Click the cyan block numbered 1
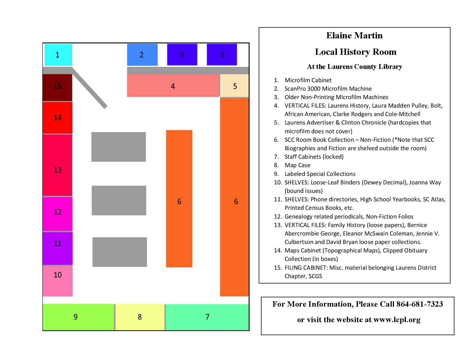(58, 55)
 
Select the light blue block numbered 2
(142, 55)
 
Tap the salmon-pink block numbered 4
(173, 86)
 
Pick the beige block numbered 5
(234, 86)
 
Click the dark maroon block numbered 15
(57, 87)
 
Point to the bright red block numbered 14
(57, 118)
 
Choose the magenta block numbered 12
(57, 214)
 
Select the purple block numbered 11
(57, 248)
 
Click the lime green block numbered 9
(78, 317)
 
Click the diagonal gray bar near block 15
(90, 88)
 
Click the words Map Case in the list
(297, 165)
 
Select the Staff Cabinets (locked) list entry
(314, 157)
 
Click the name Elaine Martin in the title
(354, 35)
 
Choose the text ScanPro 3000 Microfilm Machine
(328, 89)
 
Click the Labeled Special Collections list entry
(320, 174)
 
